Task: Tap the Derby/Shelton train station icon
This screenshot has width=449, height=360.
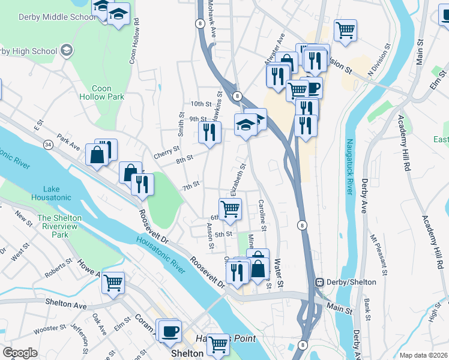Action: click(x=321, y=282)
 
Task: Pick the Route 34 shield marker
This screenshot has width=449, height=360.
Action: click(x=47, y=144)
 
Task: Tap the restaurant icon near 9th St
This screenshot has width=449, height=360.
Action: click(x=209, y=132)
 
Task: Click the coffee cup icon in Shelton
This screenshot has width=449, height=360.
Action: click(x=170, y=330)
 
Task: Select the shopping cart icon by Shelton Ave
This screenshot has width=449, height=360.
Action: click(x=113, y=283)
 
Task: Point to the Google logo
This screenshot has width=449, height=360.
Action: click(x=20, y=353)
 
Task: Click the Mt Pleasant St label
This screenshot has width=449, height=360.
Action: click(x=376, y=252)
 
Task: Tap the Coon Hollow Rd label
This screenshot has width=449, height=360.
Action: click(x=134, y=40)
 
